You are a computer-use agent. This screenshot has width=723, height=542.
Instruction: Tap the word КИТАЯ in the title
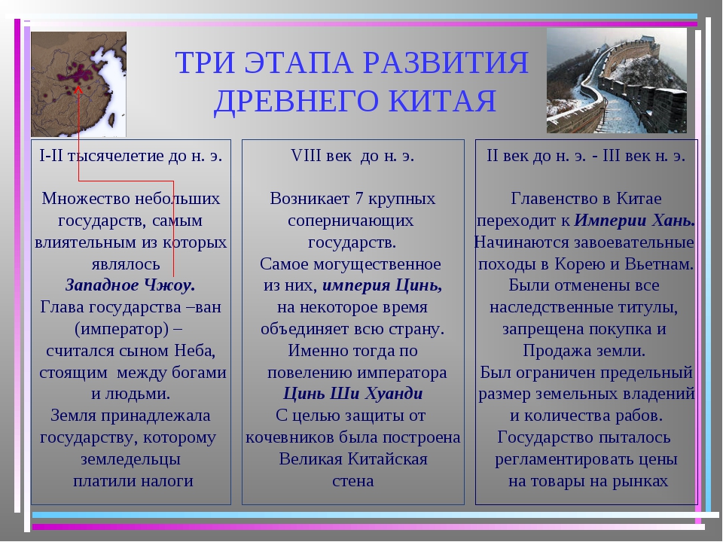pyautogui.click(x=442, y=101)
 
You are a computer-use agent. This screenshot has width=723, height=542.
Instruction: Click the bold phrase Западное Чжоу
pyautogui.click(x=130, y=285)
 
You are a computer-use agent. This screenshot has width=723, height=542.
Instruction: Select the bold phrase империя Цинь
pyautogui.click(x=383, y=285)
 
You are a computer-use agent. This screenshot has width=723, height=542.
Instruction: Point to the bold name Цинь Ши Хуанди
pyautogui.click(x=352, y=394)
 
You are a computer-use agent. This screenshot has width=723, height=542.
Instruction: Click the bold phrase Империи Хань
pyautogui.click(x=634, y=221)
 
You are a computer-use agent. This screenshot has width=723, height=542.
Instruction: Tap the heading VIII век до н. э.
pyautogui.click(x=352, y=156)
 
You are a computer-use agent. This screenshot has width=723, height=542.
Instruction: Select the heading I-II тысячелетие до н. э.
pyautogui.click(x=131, y=156)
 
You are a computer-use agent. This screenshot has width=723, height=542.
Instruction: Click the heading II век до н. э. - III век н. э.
pyautogui.click(x=586, y=156)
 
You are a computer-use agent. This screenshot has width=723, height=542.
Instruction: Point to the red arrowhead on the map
pyautogui.click(x=78, y=90)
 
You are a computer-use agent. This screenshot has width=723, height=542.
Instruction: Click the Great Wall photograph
pyautogui.click(x=617, y=81)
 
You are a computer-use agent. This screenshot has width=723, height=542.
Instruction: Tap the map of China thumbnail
pyautogui.click(x=78, y=84)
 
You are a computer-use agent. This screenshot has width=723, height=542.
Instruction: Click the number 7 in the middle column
pyautogui.click(x=359, y=199)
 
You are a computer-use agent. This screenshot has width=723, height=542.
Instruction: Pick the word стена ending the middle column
pyautogui.click(x=352, y=481)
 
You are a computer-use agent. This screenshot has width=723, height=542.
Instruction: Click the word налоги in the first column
pyautogui.click(x=167, y=481)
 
